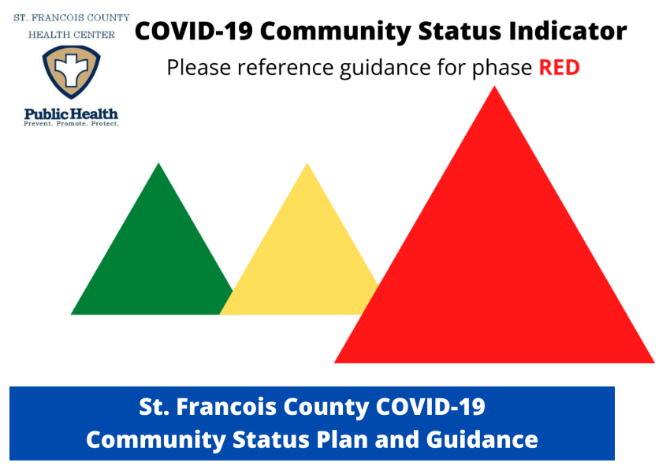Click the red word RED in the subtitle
point(559,68)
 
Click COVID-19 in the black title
point(194,31)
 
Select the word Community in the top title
point(335,32)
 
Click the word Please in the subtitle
point(199,68)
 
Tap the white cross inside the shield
point(72,69)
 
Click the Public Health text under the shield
point(71,114)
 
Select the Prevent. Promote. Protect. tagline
point(72,124)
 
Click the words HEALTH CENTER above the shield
point(72,35)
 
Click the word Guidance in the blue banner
point(482,440)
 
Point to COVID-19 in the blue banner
point(430,406)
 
